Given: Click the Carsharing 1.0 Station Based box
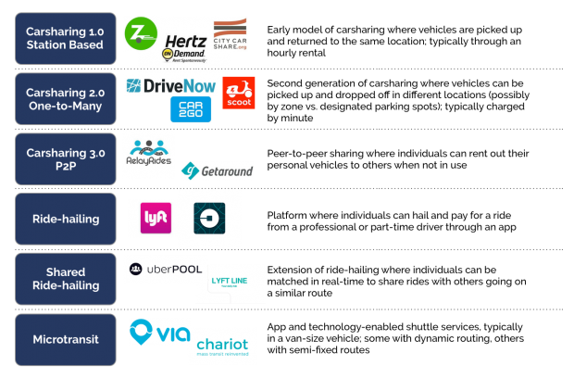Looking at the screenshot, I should (66, 38).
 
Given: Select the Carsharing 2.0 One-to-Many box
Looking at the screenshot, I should (66, 99).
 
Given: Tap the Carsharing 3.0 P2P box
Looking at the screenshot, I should (66, 159).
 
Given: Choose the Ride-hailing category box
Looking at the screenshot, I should (66, 220).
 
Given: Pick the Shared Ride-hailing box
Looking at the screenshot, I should (66, 279).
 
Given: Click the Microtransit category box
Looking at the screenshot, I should (66, 339).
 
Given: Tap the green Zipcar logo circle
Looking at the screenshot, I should (141, 33).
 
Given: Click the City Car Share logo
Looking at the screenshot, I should (231, 35).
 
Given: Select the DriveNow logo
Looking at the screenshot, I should (171, 86).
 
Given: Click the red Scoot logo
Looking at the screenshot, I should (239, 93).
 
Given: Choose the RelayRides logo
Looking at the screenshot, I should (149, 154).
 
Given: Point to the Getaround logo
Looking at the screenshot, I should (217, 170).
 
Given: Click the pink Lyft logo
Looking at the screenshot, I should (155, 218).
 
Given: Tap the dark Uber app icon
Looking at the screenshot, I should (209, 218).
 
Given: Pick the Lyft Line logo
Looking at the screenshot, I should (230, 283).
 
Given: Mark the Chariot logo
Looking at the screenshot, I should (223, 346).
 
